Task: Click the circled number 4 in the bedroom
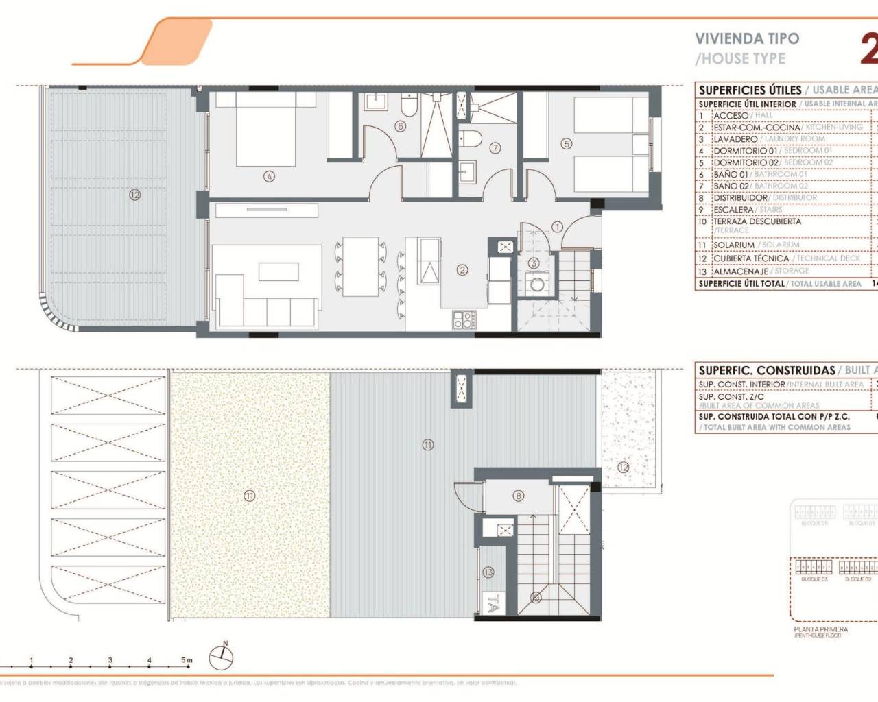point(269,176)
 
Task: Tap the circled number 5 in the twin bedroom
point(566,144)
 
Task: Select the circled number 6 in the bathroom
point(401,126)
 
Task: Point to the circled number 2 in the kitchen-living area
point(462,270)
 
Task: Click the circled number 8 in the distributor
point(518,496)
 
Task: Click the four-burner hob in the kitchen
point(464,319)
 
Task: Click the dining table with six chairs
point(361,266)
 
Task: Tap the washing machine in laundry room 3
point(535,283)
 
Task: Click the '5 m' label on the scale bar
point(187,661)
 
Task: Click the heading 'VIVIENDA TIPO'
point(747,38)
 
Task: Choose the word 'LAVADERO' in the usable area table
point(735,138)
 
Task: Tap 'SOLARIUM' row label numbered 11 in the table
point(734,245)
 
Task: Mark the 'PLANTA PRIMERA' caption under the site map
point(820,629)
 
